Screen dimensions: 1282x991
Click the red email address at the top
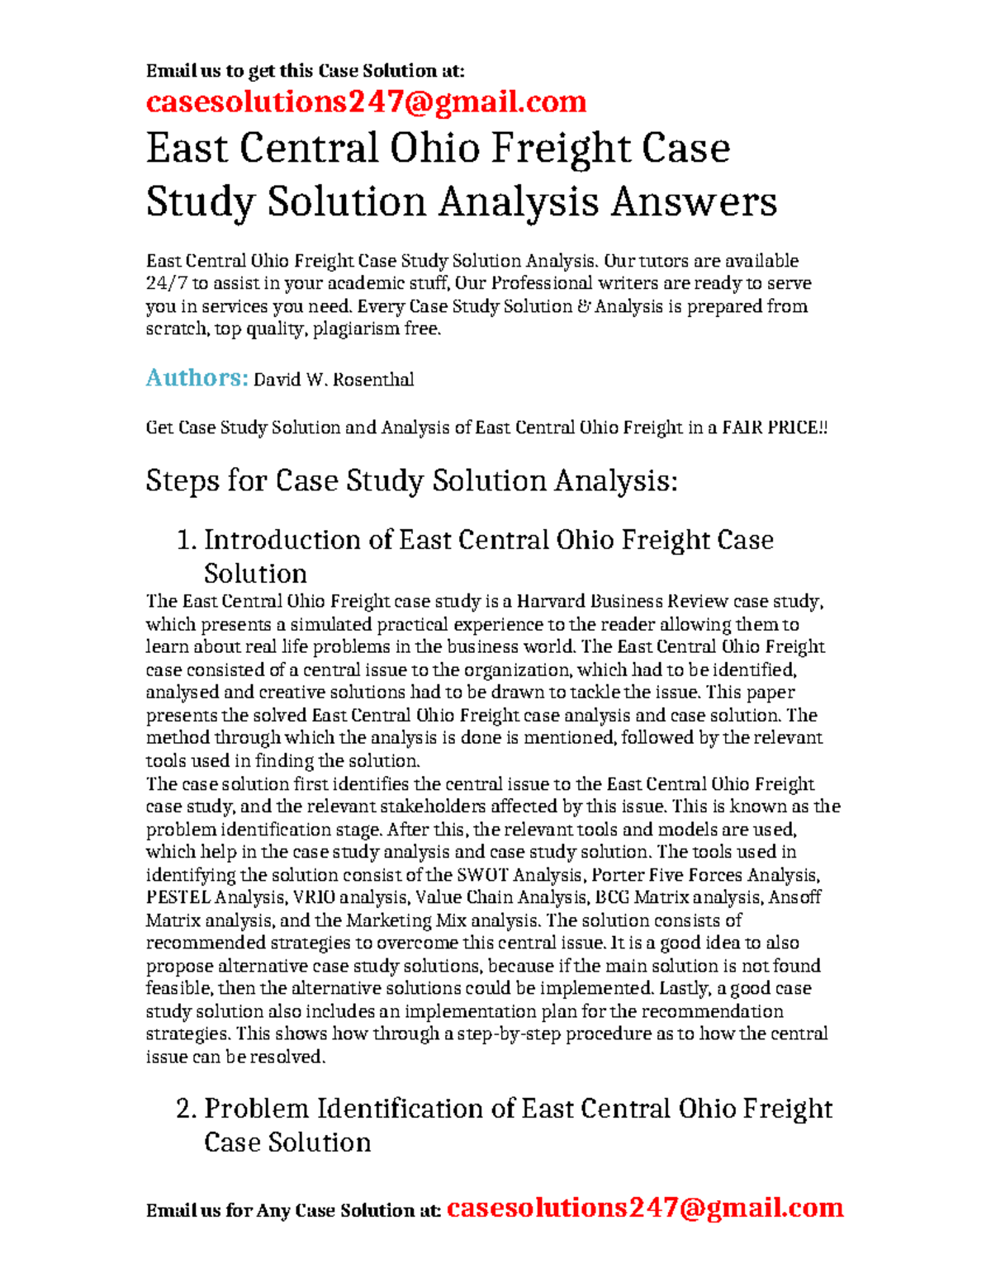(x=366, y=102)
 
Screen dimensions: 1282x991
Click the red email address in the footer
(x=644, y=1208)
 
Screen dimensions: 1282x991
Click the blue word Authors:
(x=197, y=378)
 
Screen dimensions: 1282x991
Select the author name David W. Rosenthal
(x=333, y=380)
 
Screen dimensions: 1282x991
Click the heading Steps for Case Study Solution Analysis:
(x=411, y=480)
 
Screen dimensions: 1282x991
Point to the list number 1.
(x=186, y=541)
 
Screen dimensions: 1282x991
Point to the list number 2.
(x=186, y=1109)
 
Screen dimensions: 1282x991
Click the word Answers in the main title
(x=694, y=202)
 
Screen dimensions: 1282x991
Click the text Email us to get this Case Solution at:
(x=306, y=71)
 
